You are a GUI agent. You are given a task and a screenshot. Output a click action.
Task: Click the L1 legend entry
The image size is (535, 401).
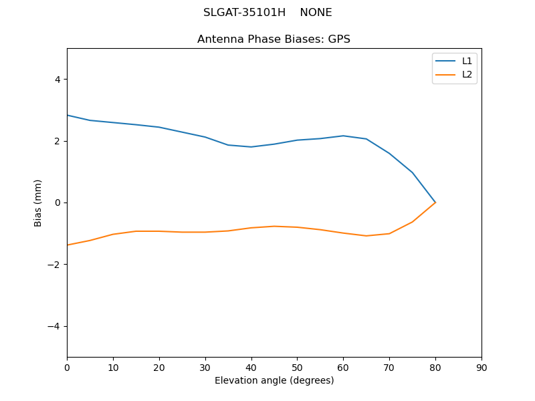point(467,61)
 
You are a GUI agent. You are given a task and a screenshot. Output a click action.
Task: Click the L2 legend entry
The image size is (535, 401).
point(467,74)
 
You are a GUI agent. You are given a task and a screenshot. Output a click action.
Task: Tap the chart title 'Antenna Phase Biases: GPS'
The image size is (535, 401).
point(274,39)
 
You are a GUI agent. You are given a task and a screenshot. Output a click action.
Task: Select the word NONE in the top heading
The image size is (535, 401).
point(316,13)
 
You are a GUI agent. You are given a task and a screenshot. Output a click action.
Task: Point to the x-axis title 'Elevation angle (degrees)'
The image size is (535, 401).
point(274,380)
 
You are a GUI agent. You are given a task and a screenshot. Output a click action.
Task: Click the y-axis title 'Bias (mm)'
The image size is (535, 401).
point(38,203)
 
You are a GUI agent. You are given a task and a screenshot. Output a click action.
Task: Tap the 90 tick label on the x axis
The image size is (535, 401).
point(481,368)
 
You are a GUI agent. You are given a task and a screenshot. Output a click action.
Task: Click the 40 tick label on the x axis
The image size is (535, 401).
point(251,368)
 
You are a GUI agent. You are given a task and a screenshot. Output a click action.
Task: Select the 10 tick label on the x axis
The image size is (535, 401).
point(113,368)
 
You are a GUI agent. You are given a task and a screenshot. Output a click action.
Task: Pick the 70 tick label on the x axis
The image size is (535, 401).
point(389,368)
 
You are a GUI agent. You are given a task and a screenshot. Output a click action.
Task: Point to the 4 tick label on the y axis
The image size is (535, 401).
point(58,80)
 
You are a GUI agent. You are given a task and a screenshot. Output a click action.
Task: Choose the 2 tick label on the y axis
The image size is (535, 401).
point(58,141)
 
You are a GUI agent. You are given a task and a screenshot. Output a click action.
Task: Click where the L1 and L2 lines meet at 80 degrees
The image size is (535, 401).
point(435,203)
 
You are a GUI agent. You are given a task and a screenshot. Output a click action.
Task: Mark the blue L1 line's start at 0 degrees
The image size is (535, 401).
point(68,115)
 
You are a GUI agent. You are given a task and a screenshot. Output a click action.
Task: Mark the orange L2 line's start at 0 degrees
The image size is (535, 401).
point(68,245)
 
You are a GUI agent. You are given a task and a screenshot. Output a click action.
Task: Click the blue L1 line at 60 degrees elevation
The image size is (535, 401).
point(343,136)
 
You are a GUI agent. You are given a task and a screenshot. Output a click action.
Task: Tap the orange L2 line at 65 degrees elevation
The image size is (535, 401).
point(366,236)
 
